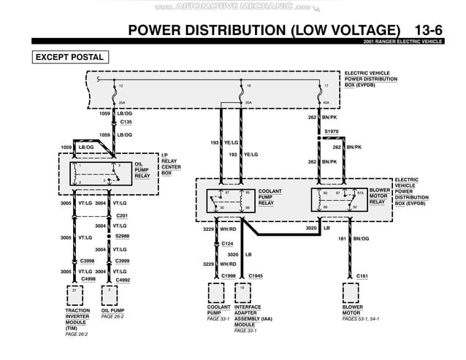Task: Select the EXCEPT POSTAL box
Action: click(x=69, y=57)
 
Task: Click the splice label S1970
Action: click(x=332, y=131)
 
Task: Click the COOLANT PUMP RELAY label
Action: click(x=270, y=196)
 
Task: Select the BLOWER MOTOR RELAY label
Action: click(x=379, y=196)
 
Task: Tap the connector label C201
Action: click(x=122, y=216)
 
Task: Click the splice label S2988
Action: click(x=122, y=237)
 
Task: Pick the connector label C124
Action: click(x=227, y=243)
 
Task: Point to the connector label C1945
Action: click(x=255, y=275)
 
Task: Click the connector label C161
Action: click(x=362, y=275)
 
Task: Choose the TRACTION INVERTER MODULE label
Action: click(x=78, y=320)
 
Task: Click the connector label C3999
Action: click(x=122, y=261)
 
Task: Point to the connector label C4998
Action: click(x=88, y=279)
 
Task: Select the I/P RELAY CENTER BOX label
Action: click(x=171, y=164)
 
